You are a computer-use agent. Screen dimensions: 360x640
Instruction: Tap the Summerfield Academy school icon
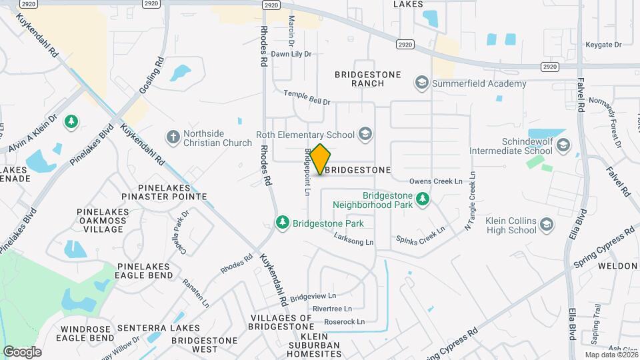pos(421,83)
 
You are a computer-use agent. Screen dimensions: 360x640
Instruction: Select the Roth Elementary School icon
pos(365,135)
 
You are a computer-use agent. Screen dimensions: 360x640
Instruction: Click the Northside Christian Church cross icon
pos(173,137)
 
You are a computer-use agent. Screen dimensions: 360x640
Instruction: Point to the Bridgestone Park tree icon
pos(283,223)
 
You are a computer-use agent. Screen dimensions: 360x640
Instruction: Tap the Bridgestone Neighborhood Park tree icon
pos(422,199)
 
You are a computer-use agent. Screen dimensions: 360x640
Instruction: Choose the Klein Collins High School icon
pos(547,225)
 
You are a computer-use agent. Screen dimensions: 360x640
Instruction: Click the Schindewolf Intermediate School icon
pos(563,145)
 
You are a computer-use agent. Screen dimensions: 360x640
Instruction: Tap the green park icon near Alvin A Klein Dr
pos(71,122)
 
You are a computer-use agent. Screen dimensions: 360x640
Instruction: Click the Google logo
pos(22,351)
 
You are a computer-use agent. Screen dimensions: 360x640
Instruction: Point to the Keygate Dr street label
pos(603,45)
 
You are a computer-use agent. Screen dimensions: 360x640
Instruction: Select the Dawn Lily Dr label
pos(291,54)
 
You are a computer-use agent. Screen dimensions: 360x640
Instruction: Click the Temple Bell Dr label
pos(307,97)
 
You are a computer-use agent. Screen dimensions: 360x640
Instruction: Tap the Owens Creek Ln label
pos(435,181)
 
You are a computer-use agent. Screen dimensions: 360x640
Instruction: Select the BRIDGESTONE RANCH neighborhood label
pos(368,79)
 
